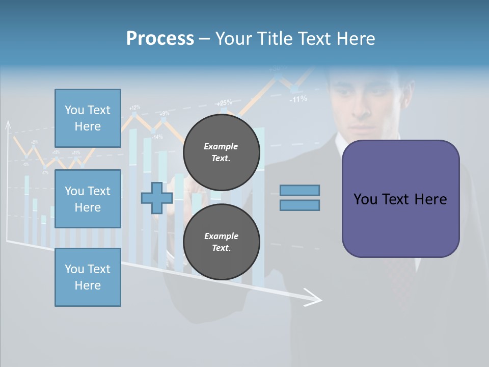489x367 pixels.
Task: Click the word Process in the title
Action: [160, 39]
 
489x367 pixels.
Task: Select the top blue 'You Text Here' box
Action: [88, 118]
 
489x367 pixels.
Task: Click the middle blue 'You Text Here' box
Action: [88, 199]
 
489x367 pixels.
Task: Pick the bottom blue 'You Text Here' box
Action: [88, 277]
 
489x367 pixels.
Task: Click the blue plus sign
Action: [157, 198]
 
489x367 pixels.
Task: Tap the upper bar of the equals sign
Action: [300, 190]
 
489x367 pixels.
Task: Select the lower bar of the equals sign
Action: [300, 205]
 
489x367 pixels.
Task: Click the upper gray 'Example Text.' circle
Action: [221, 152]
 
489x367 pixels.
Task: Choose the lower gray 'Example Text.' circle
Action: [221, 242]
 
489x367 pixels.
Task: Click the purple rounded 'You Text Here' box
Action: [400, 199]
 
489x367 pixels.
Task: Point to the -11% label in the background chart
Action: [298, 99]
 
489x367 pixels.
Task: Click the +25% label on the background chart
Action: [224, 102]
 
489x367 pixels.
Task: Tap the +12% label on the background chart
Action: [134, 108]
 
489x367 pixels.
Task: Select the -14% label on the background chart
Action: [157, 137]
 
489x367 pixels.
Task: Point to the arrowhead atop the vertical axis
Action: [8, 124]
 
